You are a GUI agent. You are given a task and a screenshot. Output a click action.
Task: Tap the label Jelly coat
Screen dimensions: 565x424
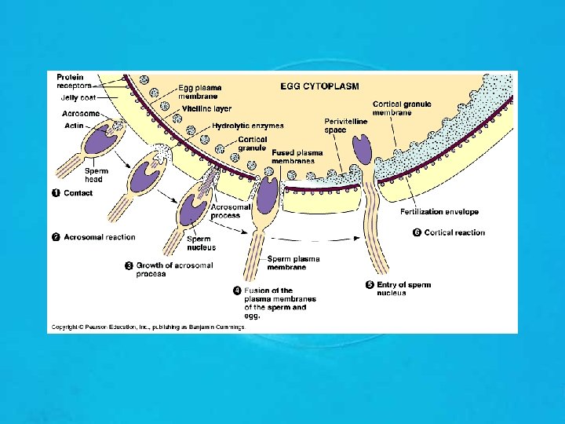click(x=77, y=98)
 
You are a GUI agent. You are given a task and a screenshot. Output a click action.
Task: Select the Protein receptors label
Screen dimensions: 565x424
click(x=74, y=81)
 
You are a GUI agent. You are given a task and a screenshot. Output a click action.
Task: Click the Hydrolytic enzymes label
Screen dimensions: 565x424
click(x=248, y=125)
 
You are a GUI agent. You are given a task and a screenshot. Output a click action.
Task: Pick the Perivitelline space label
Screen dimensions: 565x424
click(x=343, y=126)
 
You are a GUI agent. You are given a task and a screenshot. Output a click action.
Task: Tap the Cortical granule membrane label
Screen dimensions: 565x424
click(x=403, y=108)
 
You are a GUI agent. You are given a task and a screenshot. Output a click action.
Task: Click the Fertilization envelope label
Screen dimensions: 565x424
click(x=439, y=212)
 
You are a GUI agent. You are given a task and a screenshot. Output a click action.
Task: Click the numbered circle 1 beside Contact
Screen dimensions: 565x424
click(x=56, y=193)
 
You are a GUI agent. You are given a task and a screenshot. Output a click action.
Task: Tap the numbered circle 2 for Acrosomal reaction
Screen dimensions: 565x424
click(x=56, y=237)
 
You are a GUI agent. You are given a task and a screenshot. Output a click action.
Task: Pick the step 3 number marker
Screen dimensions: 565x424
click(x=129, y=266)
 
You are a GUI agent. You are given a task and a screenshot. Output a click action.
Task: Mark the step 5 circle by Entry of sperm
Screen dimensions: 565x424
click(x=370, y=285)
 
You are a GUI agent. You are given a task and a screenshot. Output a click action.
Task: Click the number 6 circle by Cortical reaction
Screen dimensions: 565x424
click(x=417, y=232)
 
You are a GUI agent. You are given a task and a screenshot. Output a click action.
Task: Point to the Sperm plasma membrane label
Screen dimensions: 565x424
click(x=293, y=262)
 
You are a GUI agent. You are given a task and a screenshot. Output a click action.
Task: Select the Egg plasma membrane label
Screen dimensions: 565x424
click(x=199, y=91)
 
